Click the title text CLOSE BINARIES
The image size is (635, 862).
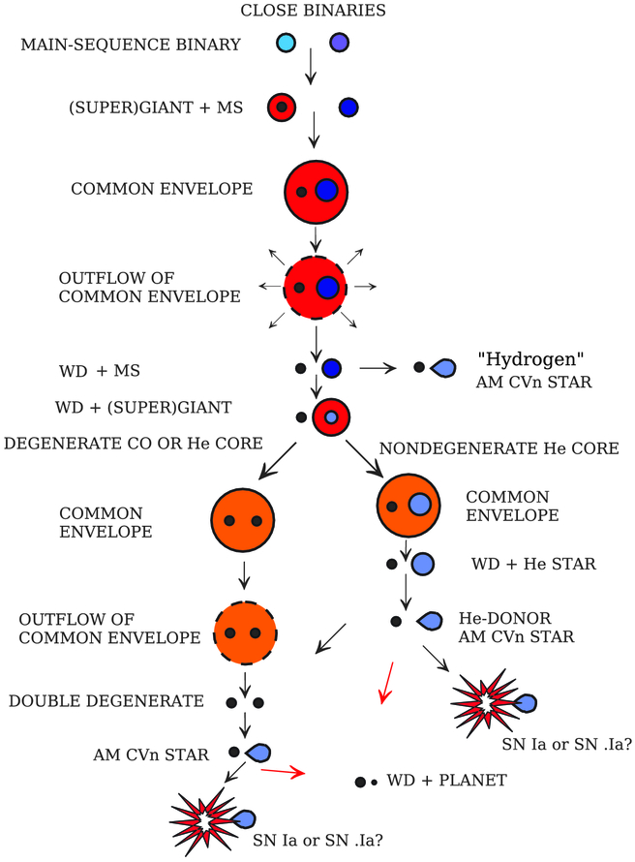click(316, 13)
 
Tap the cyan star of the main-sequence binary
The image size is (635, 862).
click(285, 44)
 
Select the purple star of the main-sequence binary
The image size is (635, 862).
click(339, 44)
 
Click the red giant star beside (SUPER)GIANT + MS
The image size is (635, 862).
click(281, 107)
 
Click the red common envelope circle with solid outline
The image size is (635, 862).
click(316, 190)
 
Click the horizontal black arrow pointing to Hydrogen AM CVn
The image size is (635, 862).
click(381, 368)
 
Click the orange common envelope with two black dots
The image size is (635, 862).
click(244, 521)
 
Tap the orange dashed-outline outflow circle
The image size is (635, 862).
click(244, 633)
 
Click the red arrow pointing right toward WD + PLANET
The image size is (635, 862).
click(283, 772)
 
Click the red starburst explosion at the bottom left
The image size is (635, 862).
click(205, 819)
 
